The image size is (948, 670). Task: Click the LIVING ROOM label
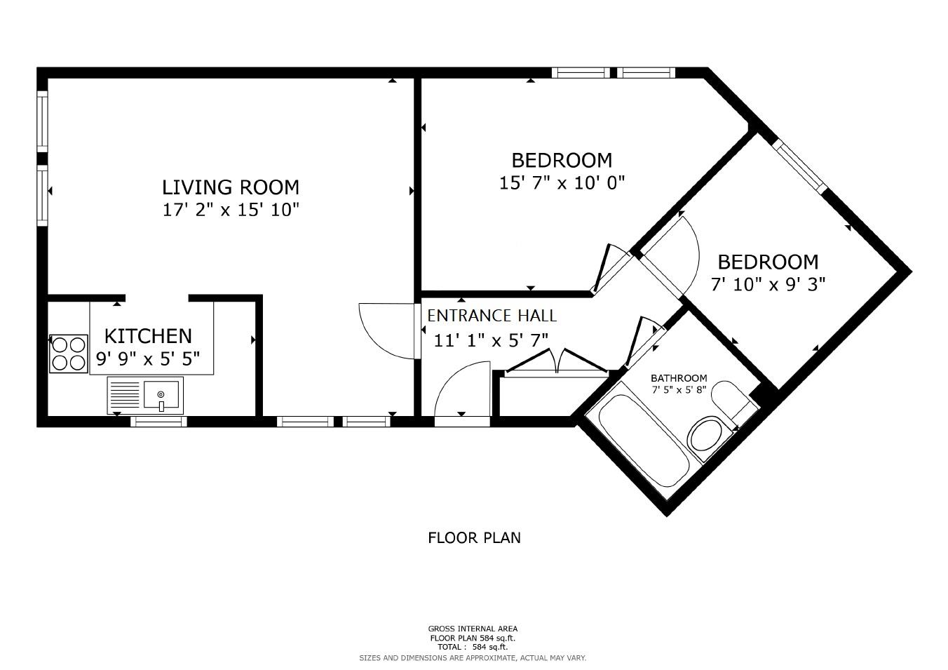pyautogui.click(x=230, y=187)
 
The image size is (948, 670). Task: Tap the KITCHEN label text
pyautogui.click(x=148, y=336)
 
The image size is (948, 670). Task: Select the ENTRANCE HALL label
pyautogui.click(x=492, y=316)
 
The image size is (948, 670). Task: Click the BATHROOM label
pyautogui.click(x=678, y=378)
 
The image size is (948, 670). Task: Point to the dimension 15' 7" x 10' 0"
pyautogui.click(x=562, y=183)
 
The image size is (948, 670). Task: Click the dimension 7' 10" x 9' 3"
pyautogui.click(x=768, y=285)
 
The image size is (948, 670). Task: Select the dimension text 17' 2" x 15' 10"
pyautogui.click(x=231, y=210)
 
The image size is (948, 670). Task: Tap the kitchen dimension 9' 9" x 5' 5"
pyautogui.click(x=148, y=359)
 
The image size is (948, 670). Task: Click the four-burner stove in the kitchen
pyautogui.click(x=69, y=354)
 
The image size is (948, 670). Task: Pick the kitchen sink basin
pyautogui.click(x=161, y=394)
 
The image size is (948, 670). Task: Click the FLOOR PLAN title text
pyautogui.click(x=474, y=538)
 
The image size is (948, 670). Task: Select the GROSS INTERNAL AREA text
pyautogui.click(x=473, y=629)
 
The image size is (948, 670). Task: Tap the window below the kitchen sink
pyautogui.click(x=158, y=422)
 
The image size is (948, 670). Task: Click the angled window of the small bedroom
pyautogui.click(x=799, y=166)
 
